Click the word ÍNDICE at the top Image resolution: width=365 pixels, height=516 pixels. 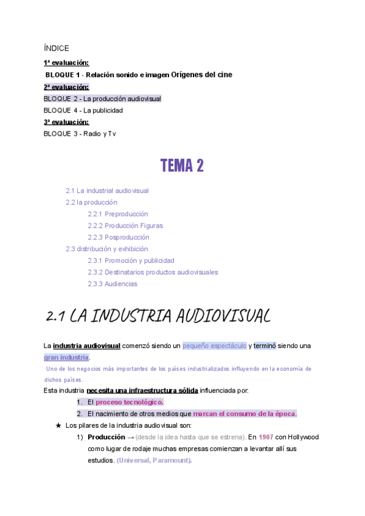click(x=57, y=48)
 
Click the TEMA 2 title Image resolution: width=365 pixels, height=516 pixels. click(x=182, y=165)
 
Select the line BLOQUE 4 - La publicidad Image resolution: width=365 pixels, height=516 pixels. click(x=83, y=110)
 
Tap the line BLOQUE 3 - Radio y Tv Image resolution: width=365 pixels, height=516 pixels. click(x=80, y=133)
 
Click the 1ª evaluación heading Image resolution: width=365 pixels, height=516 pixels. click(x=66, y=63)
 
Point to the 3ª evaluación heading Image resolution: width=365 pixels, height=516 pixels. click(x=66, y=122)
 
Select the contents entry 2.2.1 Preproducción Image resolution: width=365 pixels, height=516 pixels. click(x=117, y=214)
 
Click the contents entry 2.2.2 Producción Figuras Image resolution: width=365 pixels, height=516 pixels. click(x=125, y=225)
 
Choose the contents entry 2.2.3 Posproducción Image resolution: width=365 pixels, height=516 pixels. click(x=118, y=237)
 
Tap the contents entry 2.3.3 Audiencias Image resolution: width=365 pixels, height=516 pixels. click(x=112, y=284)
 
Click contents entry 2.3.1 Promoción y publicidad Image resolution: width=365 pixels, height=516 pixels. click(x=130, y=260)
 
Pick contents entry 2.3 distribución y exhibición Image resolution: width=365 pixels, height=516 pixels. click(x=106, y=249)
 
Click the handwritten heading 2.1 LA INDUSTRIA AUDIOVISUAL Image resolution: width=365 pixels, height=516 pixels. click(x=158, y=316)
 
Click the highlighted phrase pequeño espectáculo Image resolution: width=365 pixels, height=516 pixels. click(x=214, y=346)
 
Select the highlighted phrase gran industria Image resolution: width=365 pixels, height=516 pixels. click(x=66, y=357)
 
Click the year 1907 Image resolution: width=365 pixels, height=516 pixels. click(x=266, y=437)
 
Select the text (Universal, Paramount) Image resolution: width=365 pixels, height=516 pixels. click(x=154, y=460)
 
